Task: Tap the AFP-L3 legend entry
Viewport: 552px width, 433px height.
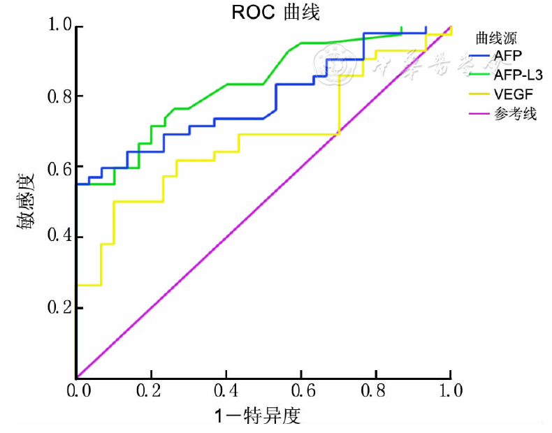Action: pos(518,73)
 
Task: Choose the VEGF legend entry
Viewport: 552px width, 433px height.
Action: pos(511,93)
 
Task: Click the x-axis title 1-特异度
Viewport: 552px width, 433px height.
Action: pos(257,416)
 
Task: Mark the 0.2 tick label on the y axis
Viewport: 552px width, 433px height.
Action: pos(56,307)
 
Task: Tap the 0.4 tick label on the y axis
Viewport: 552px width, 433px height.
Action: pos(56,237)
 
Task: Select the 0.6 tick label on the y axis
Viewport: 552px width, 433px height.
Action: pos(56,167)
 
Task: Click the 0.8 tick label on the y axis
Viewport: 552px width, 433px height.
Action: pos(56,96)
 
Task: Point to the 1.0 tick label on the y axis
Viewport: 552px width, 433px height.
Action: pos(56,27)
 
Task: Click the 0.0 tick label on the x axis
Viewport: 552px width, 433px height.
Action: pos(77,390)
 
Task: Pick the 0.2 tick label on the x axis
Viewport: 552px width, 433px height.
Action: pos(151,390)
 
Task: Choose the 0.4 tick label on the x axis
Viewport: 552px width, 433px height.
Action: pos(226,390)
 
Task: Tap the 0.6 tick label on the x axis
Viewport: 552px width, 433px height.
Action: pos(300,390)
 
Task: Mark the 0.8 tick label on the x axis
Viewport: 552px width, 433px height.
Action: pos(375,390)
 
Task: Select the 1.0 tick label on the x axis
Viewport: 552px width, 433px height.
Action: pos(451,390)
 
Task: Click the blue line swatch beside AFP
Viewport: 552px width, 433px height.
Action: pos(479,54)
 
